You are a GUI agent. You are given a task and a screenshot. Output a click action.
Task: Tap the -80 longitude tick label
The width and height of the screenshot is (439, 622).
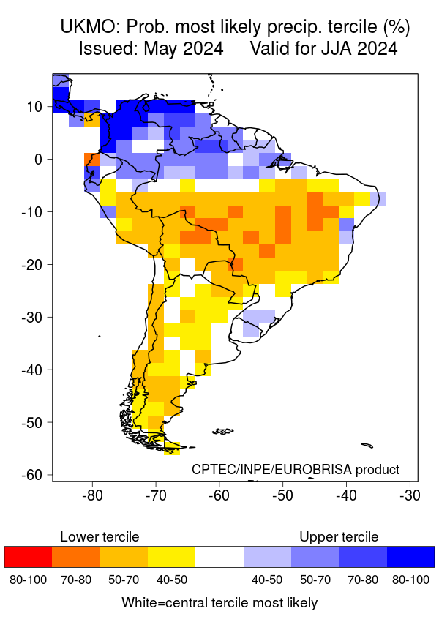pos(92,495)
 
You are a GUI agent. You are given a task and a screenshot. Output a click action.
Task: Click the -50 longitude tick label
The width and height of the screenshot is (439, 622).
pos(282,495)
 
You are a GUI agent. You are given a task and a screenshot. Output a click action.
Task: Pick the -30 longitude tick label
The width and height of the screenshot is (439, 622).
pos(408,495)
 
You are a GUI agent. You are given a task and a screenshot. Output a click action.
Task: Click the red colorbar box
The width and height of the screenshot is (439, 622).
pos(29,557)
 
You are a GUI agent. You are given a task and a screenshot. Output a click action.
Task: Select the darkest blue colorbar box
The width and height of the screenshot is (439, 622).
pos(410,557)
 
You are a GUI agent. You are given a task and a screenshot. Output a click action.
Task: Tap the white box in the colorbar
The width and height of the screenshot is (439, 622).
pos(219,557)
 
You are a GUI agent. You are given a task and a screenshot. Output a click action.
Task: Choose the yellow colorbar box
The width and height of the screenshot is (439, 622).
pos(172,557)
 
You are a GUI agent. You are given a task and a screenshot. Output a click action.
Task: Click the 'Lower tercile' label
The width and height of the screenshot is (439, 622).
pos(100,537)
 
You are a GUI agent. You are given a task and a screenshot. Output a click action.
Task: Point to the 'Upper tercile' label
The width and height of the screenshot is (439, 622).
pos(339,537)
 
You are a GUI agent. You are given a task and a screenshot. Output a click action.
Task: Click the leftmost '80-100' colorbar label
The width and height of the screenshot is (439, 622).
pos(29,580)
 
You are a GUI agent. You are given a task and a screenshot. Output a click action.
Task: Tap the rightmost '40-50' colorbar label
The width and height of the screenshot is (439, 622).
pos(268,580)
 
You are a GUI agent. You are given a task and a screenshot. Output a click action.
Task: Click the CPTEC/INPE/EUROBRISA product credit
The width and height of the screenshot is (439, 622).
pos(296,469)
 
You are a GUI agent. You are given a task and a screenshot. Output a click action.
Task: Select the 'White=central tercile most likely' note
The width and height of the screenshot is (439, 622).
pos(219,603)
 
